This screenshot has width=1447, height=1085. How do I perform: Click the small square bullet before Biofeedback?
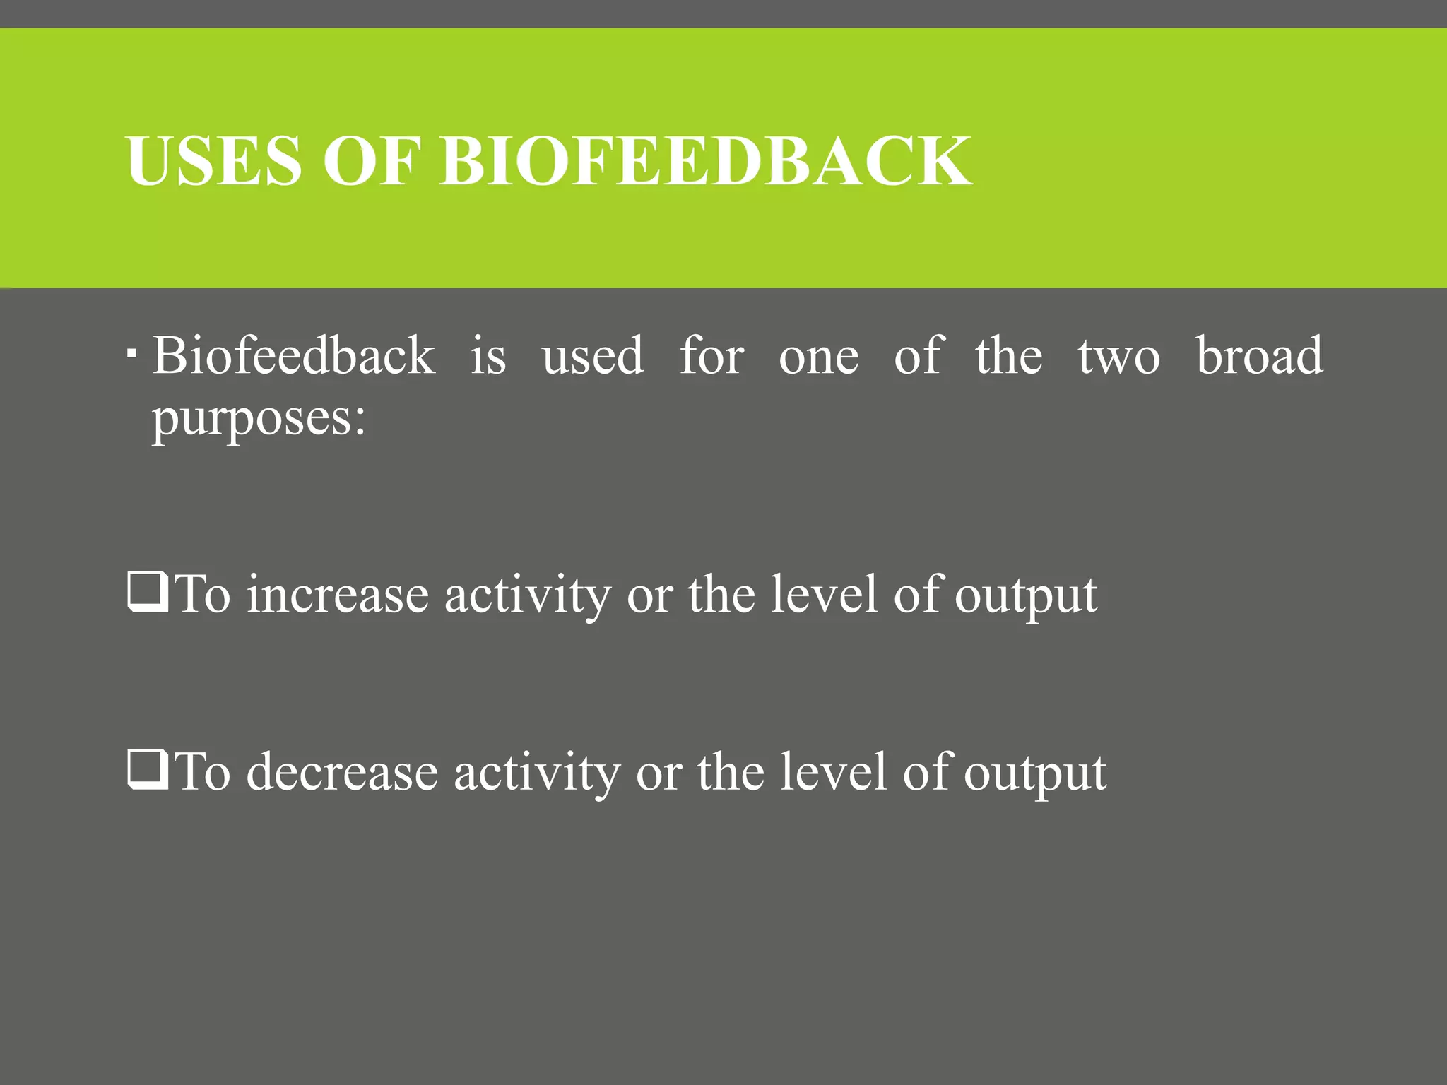(131, 351)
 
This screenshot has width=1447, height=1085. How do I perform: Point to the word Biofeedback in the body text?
(294, 355)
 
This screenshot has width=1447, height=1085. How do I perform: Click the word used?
(593, 355)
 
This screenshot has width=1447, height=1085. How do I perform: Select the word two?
(1118, 355)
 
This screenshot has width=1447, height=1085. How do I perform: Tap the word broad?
(1259, 355)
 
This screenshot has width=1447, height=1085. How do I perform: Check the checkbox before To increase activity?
(148, 592)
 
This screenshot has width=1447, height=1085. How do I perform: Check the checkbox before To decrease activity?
(148, 769)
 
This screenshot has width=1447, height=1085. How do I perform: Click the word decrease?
(342, 772)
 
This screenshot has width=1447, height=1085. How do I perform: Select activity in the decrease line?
(536, 772)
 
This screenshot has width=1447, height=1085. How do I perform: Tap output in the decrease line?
(1035, 772)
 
